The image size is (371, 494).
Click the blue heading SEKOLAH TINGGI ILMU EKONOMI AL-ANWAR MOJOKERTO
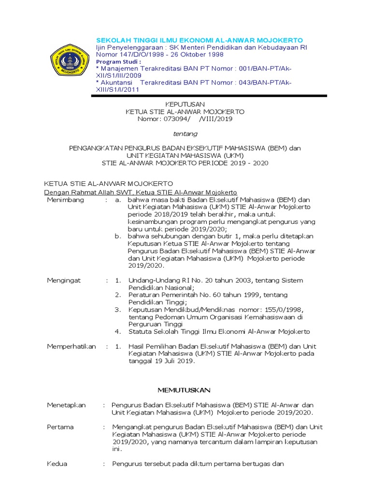coord(200,39)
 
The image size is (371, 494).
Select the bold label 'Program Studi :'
coord(119,62)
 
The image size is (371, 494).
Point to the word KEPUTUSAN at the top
coord(185,104)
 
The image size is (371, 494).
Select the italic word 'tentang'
coord(185,134)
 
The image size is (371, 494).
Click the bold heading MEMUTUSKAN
coord(185,389)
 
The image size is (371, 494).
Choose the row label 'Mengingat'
coord(63,280)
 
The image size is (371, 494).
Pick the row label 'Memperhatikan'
coord(71,346)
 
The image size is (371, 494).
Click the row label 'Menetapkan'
coord(66,405)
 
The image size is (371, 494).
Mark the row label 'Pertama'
coord(60,427)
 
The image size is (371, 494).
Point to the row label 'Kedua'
coord(57,464)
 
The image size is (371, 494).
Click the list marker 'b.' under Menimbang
coord(117,236)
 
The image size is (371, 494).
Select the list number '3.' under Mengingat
coord(117,309)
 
